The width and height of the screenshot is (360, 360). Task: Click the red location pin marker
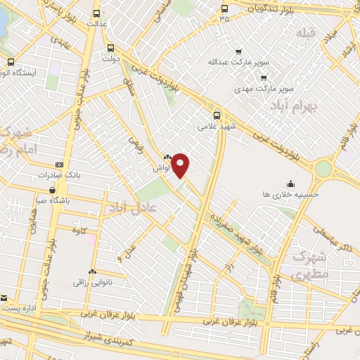(x=181, y=166)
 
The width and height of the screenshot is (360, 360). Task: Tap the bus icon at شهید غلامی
(x=217, y=115)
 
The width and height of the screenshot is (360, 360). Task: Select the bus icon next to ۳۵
(x=224, y=8)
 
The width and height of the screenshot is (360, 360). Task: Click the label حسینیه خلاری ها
(x=290, y=193)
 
